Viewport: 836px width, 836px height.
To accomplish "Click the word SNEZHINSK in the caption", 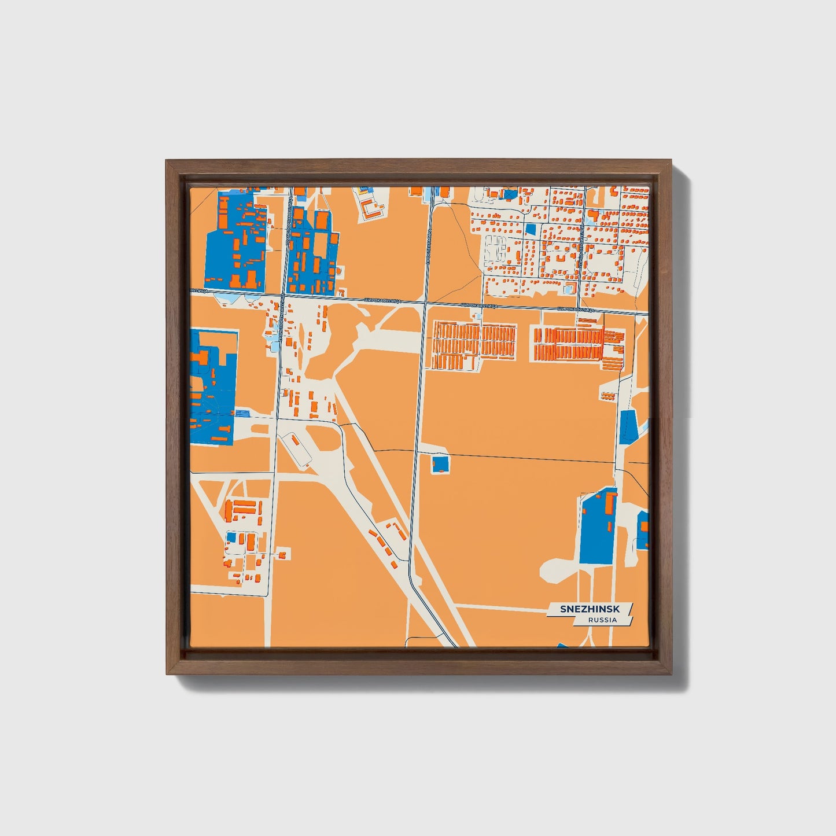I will (x=590, y=609).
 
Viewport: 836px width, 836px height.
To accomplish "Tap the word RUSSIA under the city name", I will (x=602, y=620).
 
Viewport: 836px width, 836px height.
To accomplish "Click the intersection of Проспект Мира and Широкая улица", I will (x=426, y=303).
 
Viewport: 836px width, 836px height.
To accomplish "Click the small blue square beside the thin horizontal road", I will (x=440, y=464).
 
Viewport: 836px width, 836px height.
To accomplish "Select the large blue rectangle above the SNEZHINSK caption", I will (x=598, y=526).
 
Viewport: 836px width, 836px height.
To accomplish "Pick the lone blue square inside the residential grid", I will (x=531, y=229).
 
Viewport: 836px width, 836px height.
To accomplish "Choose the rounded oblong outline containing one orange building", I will (x=297, y=449).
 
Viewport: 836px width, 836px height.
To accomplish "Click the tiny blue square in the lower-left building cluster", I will (x=231, y=537).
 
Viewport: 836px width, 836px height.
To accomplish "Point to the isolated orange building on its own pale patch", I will (x=607, y=396).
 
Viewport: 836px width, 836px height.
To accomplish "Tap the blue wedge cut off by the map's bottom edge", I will (x=563, y=645).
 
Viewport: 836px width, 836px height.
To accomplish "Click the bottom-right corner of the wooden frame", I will (x=673, y=675).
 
